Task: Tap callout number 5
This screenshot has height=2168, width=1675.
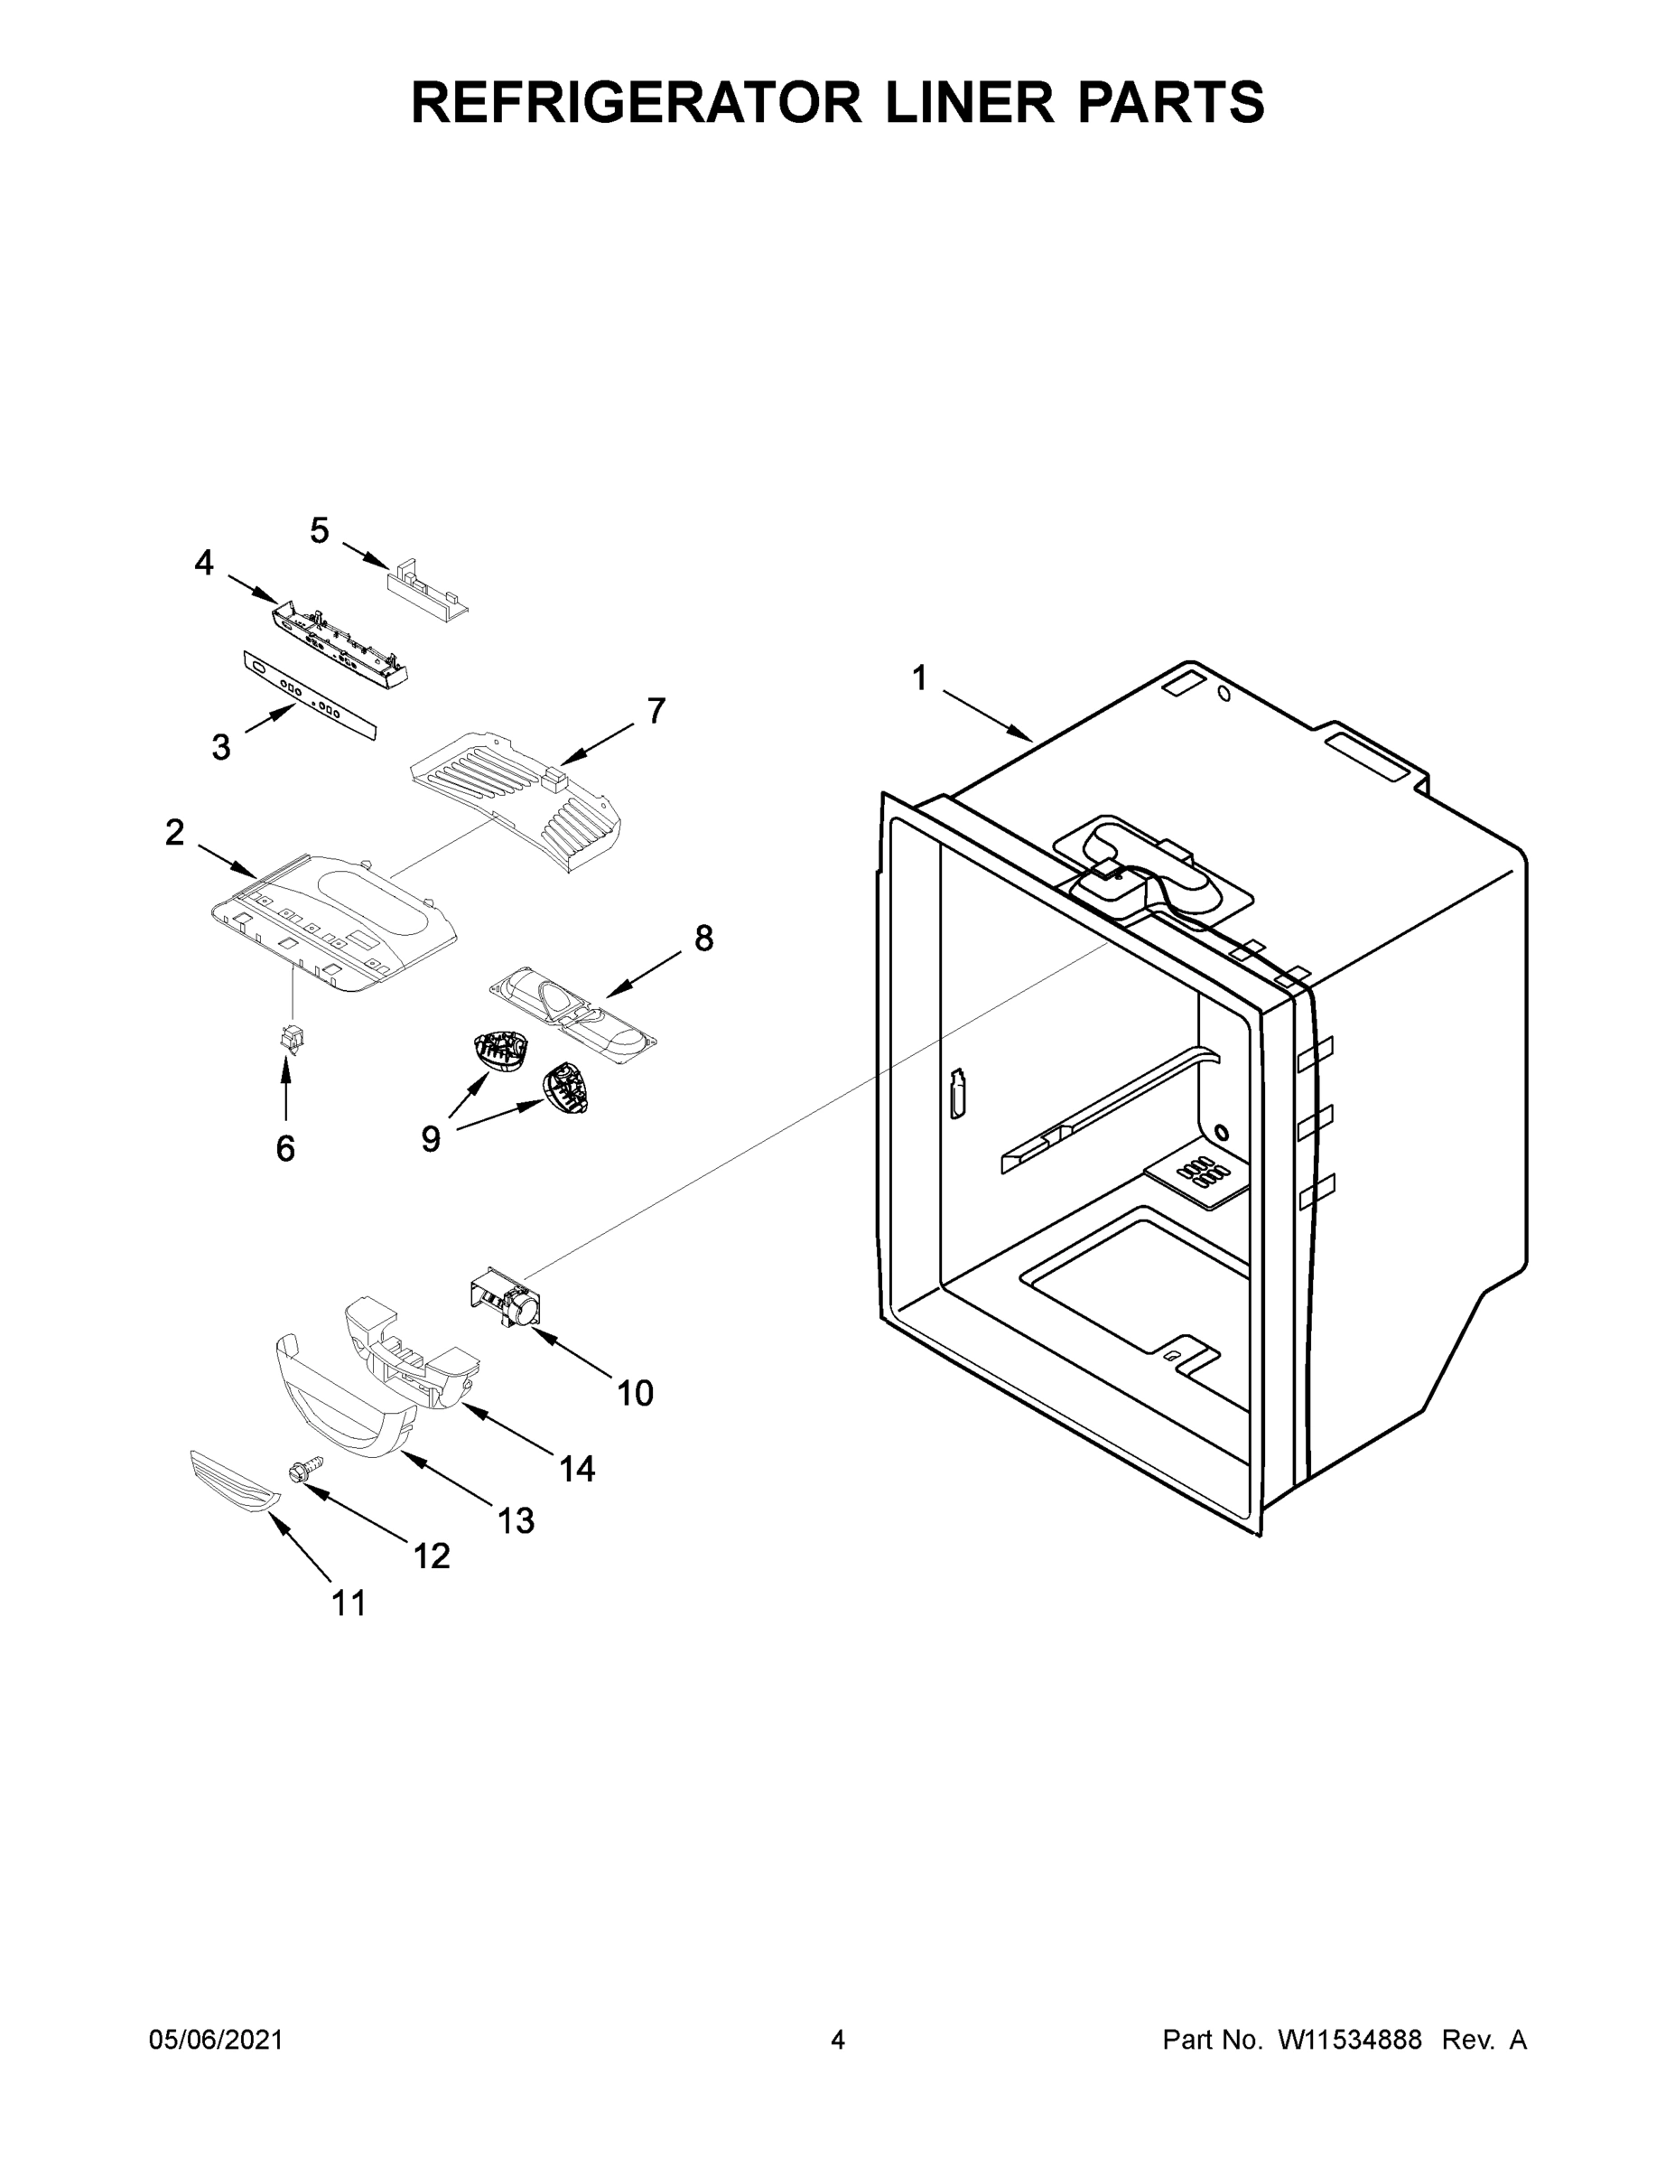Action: click(x=319, y=531)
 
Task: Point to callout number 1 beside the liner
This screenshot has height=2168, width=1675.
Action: click(x=920, y=679)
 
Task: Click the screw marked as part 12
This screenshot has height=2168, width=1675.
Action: click(x=304, y=1474)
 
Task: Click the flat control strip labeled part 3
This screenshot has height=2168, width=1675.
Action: click(x=311, y=696)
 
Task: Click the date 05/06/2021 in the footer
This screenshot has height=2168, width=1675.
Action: click(x=217, y=2040)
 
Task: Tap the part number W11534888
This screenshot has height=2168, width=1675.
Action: click(x=1350, y=2040)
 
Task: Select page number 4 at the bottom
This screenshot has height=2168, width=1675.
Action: click(x=838, y=2040)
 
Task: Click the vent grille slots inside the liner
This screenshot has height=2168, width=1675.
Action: click(x=1200, y=1172)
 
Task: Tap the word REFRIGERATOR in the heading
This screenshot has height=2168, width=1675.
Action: click(x=636, y=101)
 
